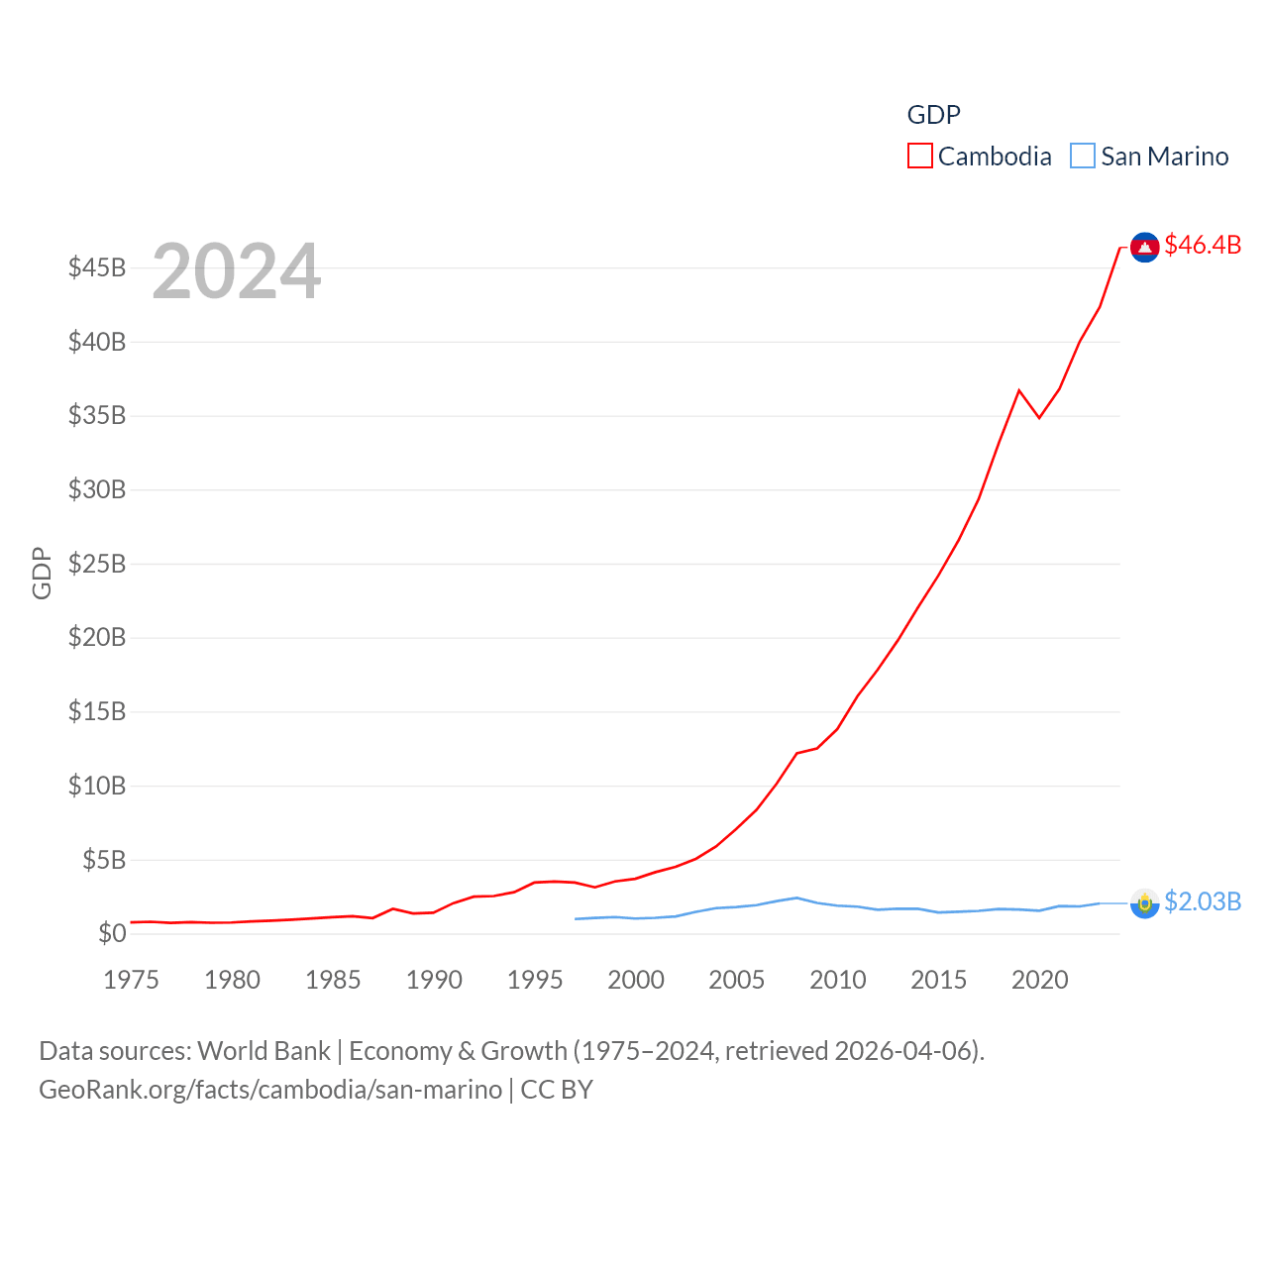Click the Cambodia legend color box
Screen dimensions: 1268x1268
(x=919, y=157)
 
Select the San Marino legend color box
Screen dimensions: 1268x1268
(x=1083, y=157)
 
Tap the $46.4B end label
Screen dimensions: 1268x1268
(x=1203, y=245)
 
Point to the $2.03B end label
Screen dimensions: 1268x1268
(x=1203, y=901)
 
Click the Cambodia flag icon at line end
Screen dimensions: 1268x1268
(x=1145, y=248)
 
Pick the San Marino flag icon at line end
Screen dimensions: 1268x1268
(x=1145, y=903)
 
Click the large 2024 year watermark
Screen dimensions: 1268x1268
(x=236, y=271)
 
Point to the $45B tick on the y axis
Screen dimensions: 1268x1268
(x=97, y=267)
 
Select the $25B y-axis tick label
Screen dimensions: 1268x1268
(x=97, y=564)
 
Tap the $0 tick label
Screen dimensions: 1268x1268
(x=112, y=933)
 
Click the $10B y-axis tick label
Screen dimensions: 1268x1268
(x=97, y=786)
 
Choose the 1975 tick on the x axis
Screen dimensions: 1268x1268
(x=131, y=980)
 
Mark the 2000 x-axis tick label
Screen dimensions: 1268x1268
(x=636, y=980)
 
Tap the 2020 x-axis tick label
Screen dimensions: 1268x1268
(x=1040, y=980)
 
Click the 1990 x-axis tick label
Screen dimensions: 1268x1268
(x=434, y=980)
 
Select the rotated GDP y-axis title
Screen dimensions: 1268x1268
(x=42, y=573)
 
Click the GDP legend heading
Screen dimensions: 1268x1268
(x=934, y=115)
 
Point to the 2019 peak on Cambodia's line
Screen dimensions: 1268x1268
(x=1019, y=390)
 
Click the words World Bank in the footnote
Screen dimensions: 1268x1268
(x=264, y=1051)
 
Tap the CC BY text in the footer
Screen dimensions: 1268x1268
(x=557, y=1090)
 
